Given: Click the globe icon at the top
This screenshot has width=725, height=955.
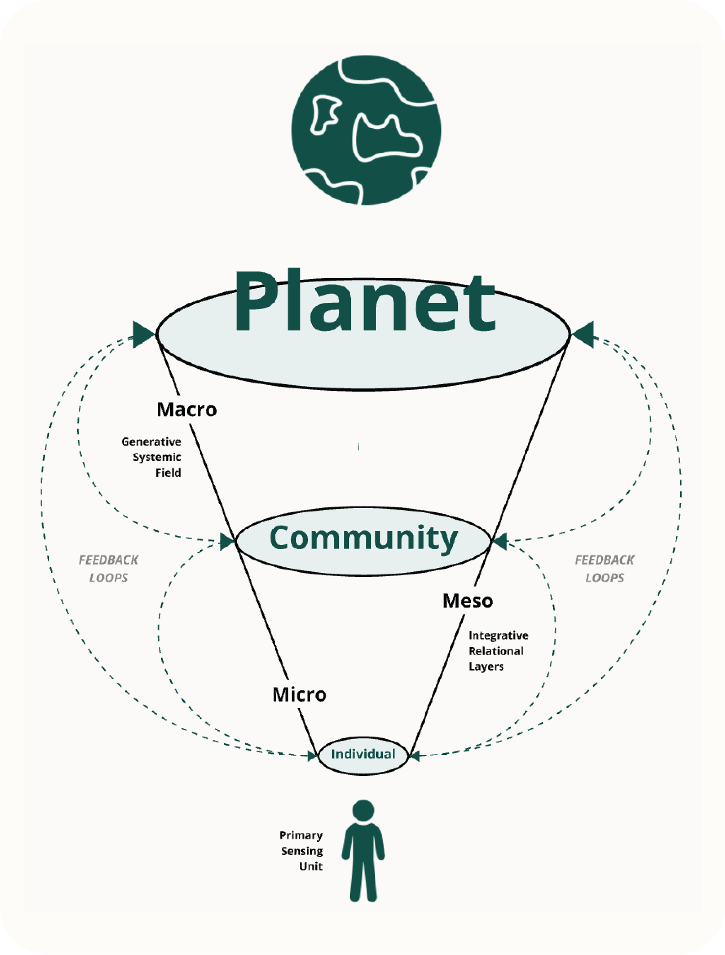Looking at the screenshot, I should point(366,129).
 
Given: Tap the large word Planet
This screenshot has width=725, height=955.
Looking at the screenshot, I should point(364,302).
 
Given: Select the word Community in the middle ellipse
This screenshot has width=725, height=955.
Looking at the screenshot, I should point(363,538).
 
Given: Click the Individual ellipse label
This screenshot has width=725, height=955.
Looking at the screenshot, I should point(363,754).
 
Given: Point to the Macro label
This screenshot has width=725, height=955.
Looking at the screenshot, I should point(186,410).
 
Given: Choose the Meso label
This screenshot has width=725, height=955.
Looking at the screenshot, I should point(468,601).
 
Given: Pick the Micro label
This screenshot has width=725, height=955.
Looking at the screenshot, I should point(299,695).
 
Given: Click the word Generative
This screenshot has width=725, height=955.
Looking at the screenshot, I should point(151,442).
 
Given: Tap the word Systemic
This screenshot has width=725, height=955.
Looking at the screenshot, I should point(157,457).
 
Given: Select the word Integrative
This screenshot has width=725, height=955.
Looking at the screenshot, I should point(498,635).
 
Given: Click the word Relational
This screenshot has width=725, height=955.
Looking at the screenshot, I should point(496,651).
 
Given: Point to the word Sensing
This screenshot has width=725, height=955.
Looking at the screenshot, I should point(302,851).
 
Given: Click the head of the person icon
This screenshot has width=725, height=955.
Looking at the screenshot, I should point(363,810).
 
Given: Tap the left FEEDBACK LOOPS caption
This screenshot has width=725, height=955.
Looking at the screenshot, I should point(108,569).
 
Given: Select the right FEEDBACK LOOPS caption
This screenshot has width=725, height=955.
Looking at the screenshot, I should point(604,569).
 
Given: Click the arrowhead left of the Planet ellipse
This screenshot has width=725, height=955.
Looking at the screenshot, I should point(143,334).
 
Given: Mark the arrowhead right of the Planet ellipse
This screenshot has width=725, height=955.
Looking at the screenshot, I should point(584,334).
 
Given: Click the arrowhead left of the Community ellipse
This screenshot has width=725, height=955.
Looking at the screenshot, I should point(227,541).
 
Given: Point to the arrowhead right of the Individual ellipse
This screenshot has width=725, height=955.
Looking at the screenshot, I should point(415,756).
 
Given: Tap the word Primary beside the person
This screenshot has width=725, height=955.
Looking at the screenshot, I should point(301,835).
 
